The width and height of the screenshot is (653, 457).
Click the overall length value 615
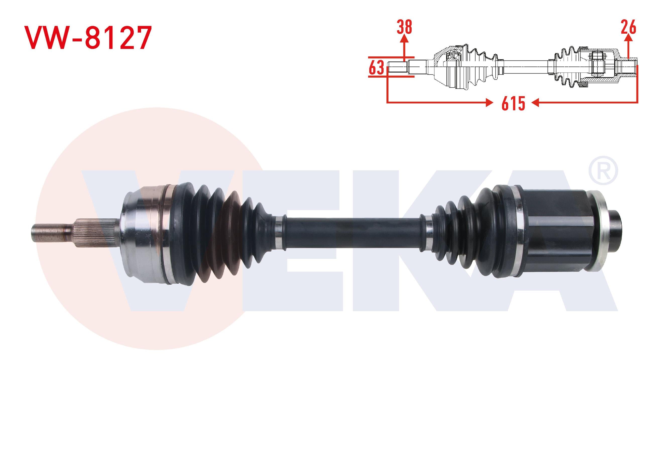[x=513, y=103]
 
